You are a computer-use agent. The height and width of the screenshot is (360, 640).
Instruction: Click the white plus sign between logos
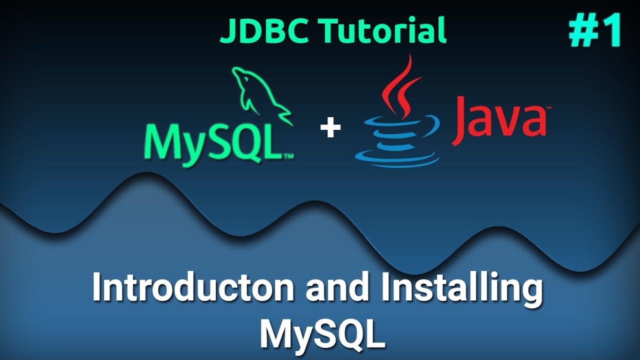click(x=330, y=128)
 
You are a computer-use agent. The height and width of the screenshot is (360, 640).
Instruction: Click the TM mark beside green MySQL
click(x=288, y=156)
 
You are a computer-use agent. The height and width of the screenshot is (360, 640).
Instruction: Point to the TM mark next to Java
click(x=548, y=107)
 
